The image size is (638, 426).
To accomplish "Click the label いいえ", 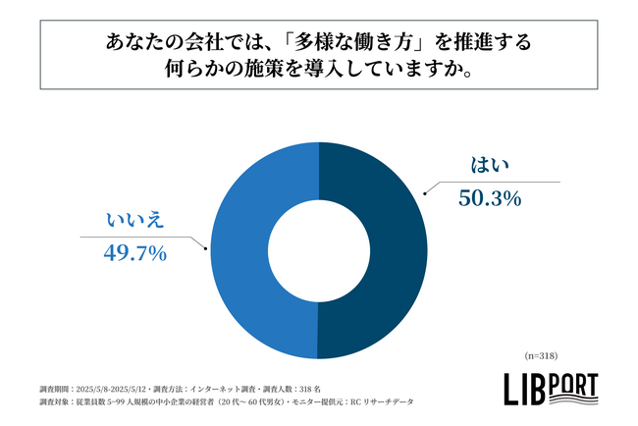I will tap(134, 220).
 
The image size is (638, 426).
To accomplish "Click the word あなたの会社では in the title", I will tap(178, 44).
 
